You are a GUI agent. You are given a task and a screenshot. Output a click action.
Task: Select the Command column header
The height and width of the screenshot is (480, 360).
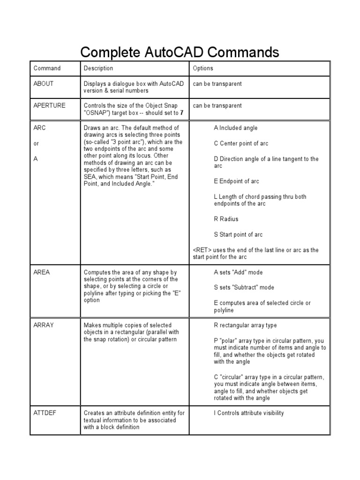point(47,68)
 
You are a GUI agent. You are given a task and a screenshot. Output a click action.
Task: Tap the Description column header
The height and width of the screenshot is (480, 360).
point(98,68)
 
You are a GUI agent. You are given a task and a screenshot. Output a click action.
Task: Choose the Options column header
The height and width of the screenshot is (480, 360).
point(202,68)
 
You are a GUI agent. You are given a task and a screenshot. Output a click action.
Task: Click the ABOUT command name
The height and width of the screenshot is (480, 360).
point(44,84)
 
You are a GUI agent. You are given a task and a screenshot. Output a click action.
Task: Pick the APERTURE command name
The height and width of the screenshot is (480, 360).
point(49,105)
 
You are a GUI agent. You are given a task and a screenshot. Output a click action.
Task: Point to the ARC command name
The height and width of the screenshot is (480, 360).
point(39,127)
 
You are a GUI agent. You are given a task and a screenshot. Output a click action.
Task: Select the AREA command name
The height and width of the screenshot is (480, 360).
point(42,272)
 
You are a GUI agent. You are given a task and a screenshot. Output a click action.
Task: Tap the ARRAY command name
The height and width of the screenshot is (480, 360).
point(44,325)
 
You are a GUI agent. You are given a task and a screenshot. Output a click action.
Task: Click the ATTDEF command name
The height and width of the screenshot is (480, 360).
point(45,413)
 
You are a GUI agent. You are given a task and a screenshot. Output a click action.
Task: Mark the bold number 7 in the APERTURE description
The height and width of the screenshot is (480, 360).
point(182,113)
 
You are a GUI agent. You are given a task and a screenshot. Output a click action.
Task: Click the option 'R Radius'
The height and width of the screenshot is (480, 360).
point(226,219)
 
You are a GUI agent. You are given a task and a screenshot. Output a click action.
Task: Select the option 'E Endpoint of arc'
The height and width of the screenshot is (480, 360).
point(236,181)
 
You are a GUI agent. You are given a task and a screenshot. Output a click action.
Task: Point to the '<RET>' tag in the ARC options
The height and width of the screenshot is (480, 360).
point(202,250)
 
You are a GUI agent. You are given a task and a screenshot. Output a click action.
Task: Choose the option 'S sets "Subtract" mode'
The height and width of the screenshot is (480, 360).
point(244,287)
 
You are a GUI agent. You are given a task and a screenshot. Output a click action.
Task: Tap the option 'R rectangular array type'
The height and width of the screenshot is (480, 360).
point(245,325)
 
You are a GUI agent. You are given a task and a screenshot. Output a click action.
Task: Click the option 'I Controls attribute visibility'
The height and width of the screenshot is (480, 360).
point(248,413)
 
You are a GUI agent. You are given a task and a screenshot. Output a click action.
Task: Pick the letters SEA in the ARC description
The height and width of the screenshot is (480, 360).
point(90,176)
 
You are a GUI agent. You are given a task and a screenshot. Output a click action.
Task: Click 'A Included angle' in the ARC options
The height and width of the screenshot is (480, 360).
point(236,128)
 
